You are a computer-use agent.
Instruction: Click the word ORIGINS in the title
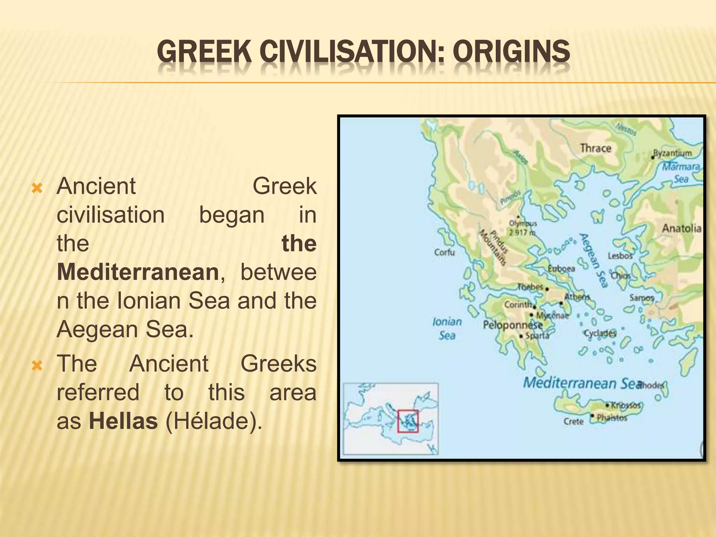pos(511,51)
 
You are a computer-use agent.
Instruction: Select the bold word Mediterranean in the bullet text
pos(138,272)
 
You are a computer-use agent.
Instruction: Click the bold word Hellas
pos(123,421)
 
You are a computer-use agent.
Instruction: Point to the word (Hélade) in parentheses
pos(214,421)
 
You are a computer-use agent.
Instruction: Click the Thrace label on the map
pos(595,148)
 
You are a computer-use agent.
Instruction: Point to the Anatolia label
pos(681,229)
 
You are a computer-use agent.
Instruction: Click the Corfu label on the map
pos(444,252)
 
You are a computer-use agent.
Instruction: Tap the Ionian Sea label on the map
pos(447,329)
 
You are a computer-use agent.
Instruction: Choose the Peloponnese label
pos(513,325)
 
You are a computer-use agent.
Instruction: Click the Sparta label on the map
pos(537,336)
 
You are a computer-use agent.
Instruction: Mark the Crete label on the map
pos(573,422)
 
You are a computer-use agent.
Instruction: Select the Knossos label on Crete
pos(625,406)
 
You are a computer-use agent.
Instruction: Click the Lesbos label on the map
pos(620,256)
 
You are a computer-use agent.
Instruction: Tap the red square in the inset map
pos(408,421)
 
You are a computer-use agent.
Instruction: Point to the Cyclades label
pos(600,333)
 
